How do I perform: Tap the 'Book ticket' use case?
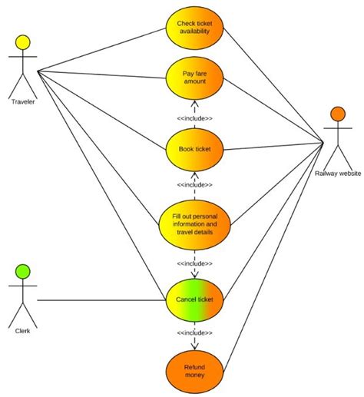point(194,149)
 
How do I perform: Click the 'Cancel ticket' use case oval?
point(194,299)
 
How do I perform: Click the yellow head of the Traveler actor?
point(22,43)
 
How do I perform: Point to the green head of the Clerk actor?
point(22,271)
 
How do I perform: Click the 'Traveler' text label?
point(23,101)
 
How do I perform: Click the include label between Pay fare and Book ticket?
point(194,118)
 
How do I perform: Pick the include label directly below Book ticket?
point(194,185)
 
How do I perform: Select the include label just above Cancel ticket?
point(194,263)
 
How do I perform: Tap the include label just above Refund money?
point(194,332)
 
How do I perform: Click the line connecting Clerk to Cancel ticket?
point(100,299)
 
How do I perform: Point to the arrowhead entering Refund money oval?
point(194,346)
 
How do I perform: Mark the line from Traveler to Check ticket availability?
point(100,48)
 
